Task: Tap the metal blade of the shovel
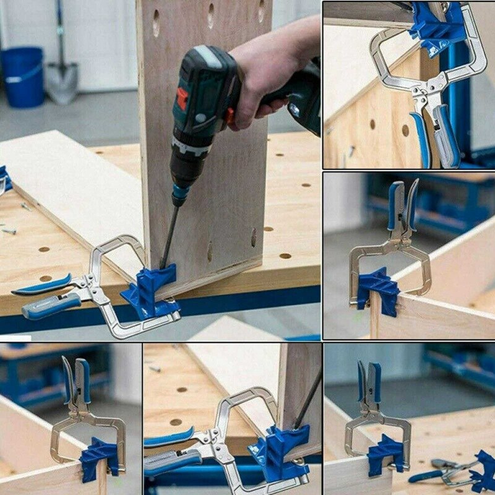coord(62,82)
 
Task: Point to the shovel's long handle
coord(61,31)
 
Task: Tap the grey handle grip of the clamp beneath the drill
coord(53,305)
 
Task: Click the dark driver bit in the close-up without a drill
coord(308,399)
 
